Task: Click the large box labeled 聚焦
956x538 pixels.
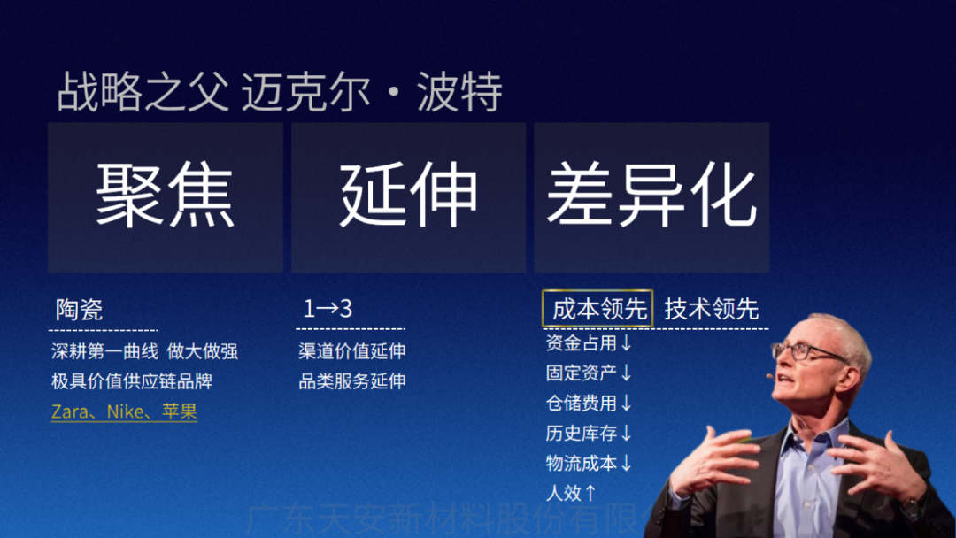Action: (166, 196)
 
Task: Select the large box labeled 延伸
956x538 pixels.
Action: (408, 196)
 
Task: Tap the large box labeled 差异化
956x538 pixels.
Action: (651, 196)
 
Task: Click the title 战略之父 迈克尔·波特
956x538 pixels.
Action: (280, 93)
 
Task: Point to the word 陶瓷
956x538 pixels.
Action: (79, 309)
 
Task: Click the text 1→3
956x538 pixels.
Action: (328, 309)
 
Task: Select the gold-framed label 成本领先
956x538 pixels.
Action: (597, 309)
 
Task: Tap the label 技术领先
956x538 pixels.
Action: (712, 309)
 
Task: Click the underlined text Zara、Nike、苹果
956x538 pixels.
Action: (124, 411)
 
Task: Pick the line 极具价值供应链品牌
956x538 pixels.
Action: (132, 381)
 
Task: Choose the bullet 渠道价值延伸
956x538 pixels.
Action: (352, 351)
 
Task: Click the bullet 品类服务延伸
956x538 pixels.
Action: (352, 381)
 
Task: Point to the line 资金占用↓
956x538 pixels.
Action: (590, 343)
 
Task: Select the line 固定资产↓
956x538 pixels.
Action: (590, 373)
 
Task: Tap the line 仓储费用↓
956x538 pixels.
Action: (590, 403)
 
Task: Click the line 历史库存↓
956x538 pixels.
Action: (590, 434)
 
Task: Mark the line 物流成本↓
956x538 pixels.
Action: (590, 463)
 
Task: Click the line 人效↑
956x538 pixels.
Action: (572, 493)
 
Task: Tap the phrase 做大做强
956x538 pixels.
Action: (203, 351)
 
